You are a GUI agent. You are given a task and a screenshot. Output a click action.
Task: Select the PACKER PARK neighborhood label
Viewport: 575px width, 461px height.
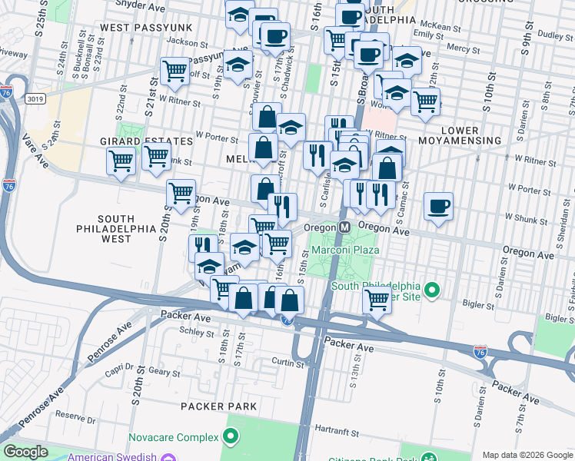212,406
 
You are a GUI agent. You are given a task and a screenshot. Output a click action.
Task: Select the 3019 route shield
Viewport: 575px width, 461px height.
34,98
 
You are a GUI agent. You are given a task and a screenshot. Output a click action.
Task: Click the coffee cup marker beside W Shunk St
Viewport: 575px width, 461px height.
438,206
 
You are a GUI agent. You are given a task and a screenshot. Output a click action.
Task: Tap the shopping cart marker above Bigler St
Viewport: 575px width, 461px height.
376,299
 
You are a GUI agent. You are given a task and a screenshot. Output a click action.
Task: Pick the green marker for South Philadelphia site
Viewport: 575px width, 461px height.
432,290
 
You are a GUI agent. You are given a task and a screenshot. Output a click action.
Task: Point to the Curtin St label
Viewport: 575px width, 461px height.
287,361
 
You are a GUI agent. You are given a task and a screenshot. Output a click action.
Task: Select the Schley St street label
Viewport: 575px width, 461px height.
196,333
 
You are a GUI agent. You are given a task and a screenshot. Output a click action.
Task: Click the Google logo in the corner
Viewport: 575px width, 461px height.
25,452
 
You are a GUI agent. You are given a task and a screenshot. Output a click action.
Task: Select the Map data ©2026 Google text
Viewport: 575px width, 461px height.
527,455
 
